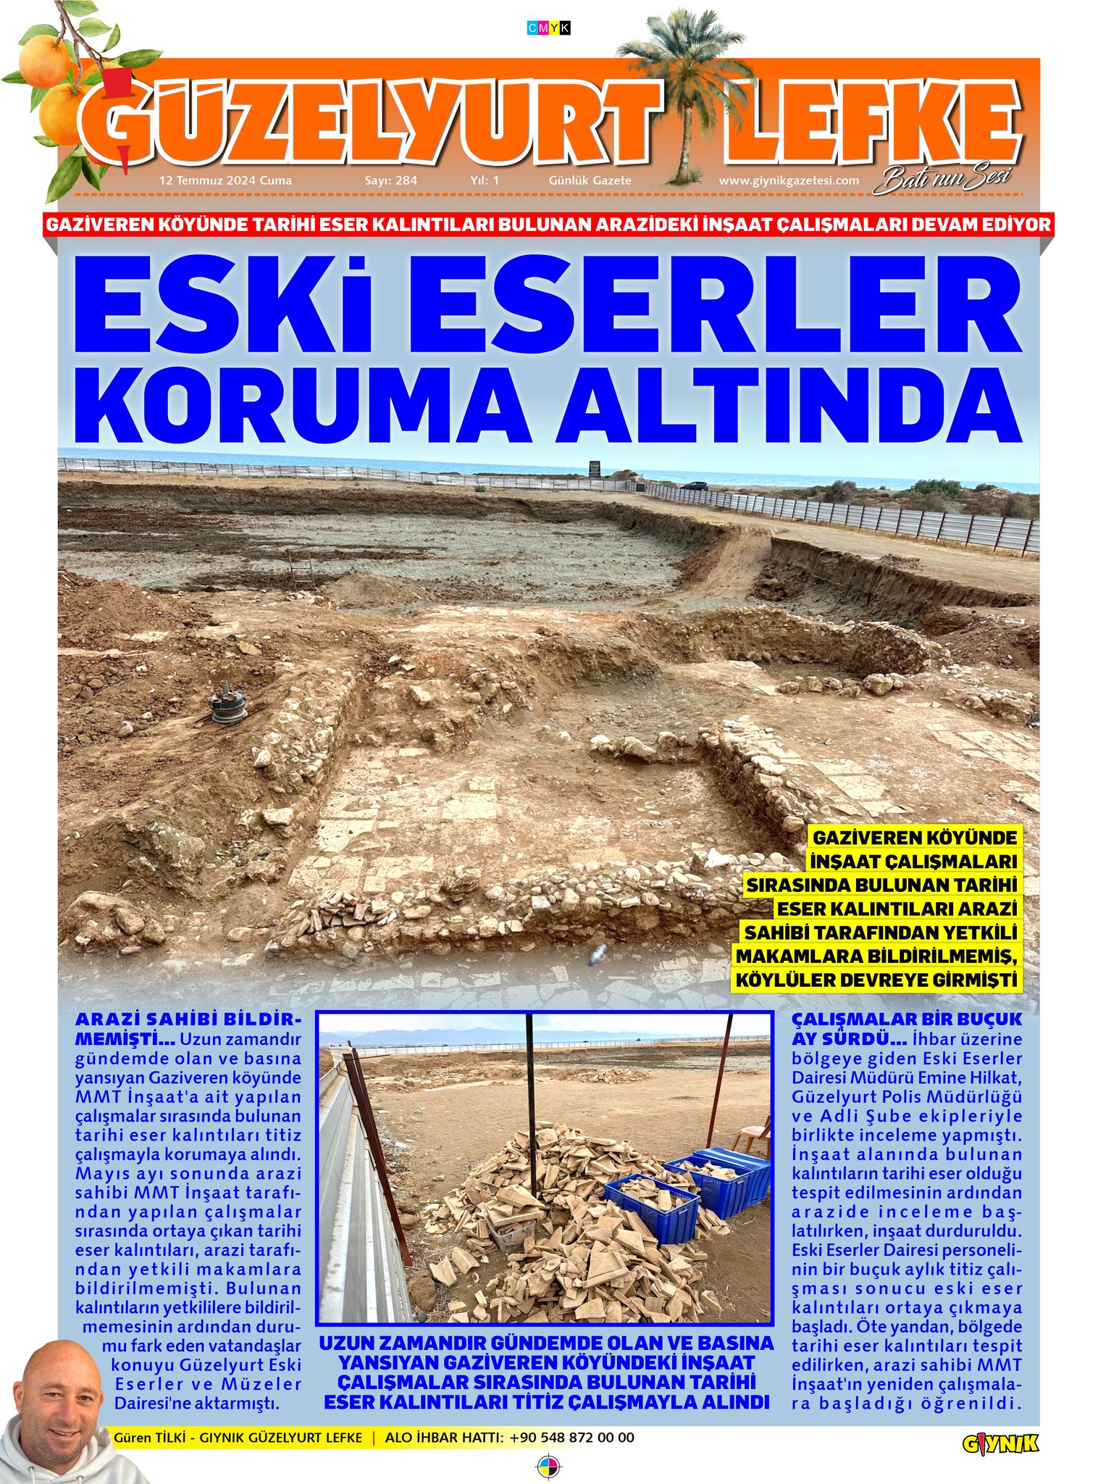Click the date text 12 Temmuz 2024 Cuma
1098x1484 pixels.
click(225, 180)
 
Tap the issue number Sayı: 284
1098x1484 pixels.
click(390, 180)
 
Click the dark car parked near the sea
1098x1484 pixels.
click(695, 485)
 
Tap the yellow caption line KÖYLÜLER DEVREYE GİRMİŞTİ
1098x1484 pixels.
click(876, 980)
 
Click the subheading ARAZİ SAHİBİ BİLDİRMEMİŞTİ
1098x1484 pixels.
click(187, 1027)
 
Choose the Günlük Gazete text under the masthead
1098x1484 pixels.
click(590, 180)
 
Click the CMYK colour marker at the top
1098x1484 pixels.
click(549, 28)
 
